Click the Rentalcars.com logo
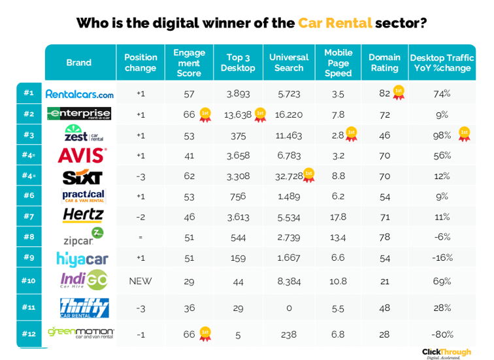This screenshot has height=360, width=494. point(80,93)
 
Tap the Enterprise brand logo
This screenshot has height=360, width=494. point(80,114)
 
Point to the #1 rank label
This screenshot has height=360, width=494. point(28,93)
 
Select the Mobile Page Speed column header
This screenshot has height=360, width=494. point(338,63)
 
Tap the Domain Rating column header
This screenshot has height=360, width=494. point(384,63)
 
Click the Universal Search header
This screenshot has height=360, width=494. point(289,63)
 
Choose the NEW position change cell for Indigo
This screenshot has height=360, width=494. point(140,281)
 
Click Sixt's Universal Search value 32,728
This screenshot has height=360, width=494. point(288,175)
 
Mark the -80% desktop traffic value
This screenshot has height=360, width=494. point(442,333)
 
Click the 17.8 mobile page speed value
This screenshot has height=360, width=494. point(338,216)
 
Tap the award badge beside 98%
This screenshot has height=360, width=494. point(464,134)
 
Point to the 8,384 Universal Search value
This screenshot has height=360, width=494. point(288,281)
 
